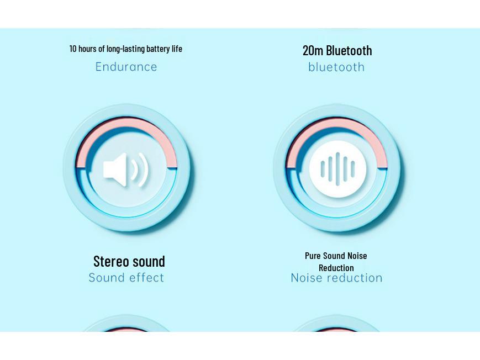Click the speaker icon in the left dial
(x=126, y=169)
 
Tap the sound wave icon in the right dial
(x=337, y=169)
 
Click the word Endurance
(x=126, y=67)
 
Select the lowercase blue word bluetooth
(x=336, y=67)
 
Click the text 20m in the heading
(x=313, y=50)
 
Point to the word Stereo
(x=111, y=261)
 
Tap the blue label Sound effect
(x=126, y=278)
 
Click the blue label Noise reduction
(x=336, y=278)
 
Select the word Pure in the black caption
(x=313, y=256)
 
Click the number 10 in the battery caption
(x=73, y=49)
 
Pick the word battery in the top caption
(x=158, y=49)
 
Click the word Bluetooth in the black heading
(x=349, y=50)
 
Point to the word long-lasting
(x=125, y=49)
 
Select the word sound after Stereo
(x=148, y=261)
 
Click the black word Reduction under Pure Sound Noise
(x=336, y=268)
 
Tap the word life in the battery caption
(x=177, y=49)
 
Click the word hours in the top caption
(x=87, y=49)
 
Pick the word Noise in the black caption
(x=357, y=256)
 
